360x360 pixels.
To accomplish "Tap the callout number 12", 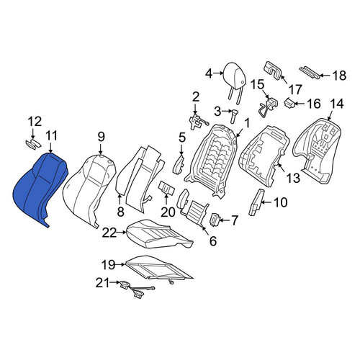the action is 35,122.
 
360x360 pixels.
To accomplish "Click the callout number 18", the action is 339,76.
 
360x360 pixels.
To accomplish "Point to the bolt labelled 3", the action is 234,115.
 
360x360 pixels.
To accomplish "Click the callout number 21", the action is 102,283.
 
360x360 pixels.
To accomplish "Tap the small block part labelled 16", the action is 290,104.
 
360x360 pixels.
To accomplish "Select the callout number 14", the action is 337,104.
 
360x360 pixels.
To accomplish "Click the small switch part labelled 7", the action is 215,220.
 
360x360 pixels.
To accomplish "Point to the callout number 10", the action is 280,202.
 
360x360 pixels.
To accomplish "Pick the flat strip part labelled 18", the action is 310,72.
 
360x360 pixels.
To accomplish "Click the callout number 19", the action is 108,265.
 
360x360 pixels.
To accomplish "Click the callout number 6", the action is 213,241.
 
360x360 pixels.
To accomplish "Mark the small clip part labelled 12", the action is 33,143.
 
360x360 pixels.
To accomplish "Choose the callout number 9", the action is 101,137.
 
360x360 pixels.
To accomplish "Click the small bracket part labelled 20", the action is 166,187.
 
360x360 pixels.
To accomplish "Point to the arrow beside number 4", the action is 218,73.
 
